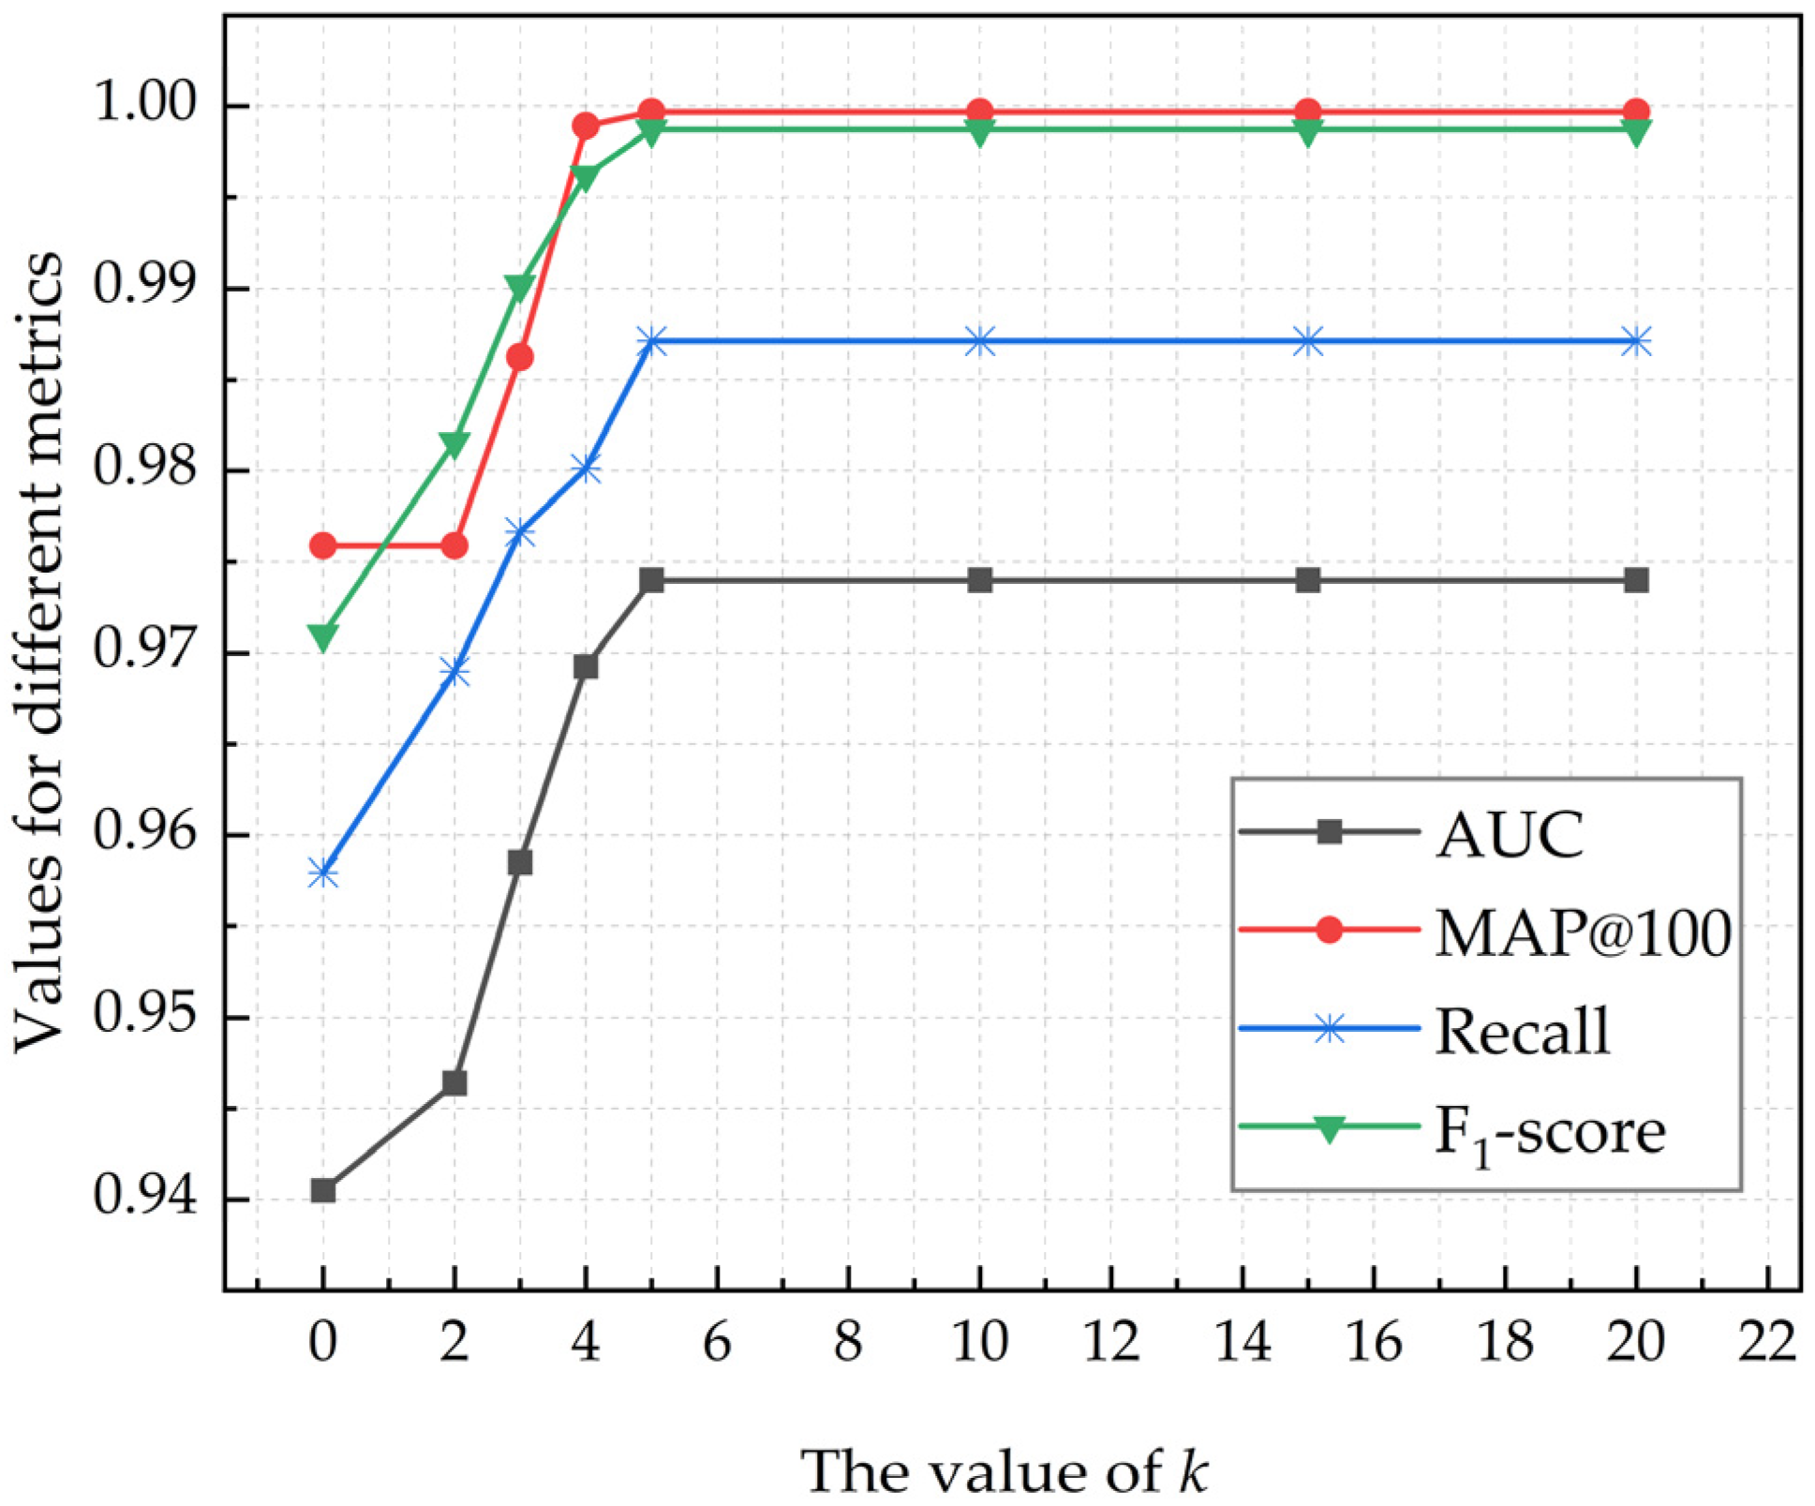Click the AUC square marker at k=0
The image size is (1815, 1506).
point(322,1191)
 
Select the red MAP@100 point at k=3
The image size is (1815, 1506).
point(520,357)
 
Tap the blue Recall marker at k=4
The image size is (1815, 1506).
point(586,469)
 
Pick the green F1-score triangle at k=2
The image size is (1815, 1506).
point(454,443)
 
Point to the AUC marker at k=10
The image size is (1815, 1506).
point(980,580)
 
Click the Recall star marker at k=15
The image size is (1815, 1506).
point(1309,342)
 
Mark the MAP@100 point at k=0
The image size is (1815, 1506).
point(322,545)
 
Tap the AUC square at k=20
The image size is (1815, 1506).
point(1637,580)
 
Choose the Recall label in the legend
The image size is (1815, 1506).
point(1522,1032)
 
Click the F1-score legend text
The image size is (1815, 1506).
point(1550,1133)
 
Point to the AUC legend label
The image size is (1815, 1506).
point(1510,834)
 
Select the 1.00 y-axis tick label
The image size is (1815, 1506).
point(146,103)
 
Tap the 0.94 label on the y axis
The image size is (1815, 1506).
point(146,1198)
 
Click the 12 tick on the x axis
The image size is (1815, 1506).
point(1111,1343)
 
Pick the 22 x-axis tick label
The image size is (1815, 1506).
point(1767,1343)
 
